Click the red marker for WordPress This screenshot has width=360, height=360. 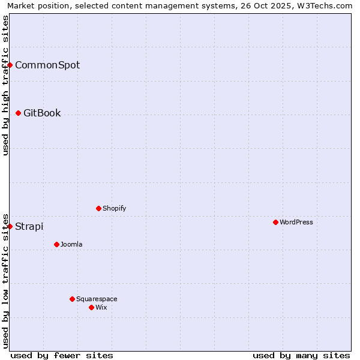[275, 222]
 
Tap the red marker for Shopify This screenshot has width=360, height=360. [98, 208]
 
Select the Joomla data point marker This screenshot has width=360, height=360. [56, 244]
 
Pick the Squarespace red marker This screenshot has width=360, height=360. [72, 299]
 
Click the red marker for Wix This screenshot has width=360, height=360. [91, 307]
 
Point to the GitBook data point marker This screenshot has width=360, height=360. [18, 113]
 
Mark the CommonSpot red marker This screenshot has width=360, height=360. [10, 65]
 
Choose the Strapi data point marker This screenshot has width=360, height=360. [10, 226]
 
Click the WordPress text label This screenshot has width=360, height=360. [296, 222]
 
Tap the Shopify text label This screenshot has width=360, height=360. [115, 208]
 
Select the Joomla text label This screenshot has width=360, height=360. [71, 244]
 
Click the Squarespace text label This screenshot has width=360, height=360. [97, 299]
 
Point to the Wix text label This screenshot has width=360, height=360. [101, 307]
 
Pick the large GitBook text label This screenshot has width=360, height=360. [42, 113]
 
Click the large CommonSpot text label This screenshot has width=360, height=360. [47, 65]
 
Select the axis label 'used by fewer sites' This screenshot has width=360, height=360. [62, 355]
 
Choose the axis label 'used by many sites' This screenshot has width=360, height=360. [301, 355]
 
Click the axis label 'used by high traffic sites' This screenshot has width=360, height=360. [5, 85]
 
